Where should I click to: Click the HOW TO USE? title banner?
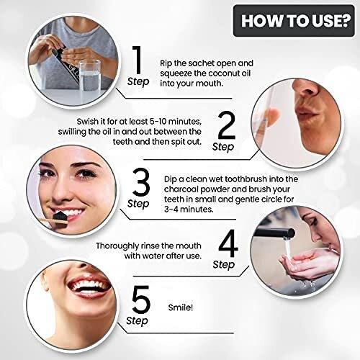click(294, 21)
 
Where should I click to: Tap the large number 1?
click(138, 60)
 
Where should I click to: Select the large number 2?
click(227, 125)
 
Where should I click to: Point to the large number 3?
click(141, 182)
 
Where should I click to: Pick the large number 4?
click(228, 243)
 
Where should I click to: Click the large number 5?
click(141, 300)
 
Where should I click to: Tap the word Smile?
click(181, 307)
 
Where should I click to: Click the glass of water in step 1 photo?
click(89, 76)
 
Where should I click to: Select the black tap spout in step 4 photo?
click(274, 233)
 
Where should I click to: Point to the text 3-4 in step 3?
click(171, 210)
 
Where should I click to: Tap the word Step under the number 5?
click(137, 321)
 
